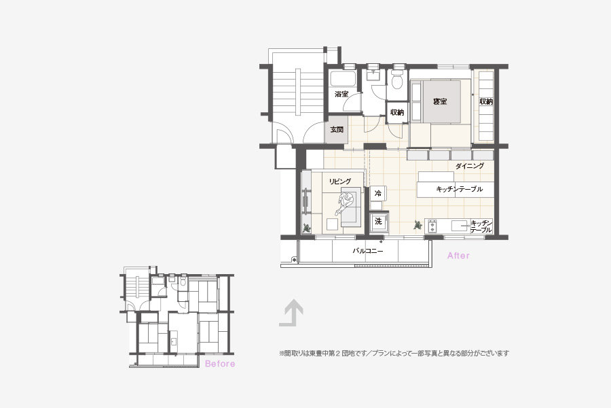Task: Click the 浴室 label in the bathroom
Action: tap(341, 94)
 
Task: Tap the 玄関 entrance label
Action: tap(337, 129)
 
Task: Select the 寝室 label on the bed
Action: tap(440, 101)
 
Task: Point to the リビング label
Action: tap(340, 181)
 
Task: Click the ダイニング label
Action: tap(470, 166)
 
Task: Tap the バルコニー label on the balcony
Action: tap(367, 251)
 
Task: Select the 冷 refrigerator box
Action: tap(377, 193)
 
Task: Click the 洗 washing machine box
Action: tap(378, 222)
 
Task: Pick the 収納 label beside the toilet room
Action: tap(397, 112)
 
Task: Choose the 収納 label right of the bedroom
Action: tap(486, 101)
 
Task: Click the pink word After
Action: tap(458, 256)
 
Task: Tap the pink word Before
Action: tap(220, 364)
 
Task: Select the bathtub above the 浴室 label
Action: tap(343, 80)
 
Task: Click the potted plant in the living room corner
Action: tap(307, 227)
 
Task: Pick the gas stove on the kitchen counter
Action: tap(432, 226)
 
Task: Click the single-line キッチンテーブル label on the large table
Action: tap(459, 189)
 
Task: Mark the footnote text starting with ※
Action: tap(394, 354)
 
